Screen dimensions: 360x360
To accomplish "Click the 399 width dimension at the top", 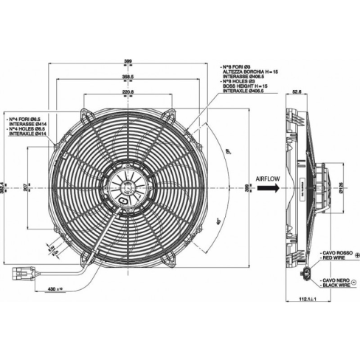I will pos(128,62).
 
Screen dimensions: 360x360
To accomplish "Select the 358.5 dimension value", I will pos(128,77).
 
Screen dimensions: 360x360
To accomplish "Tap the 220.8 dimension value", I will pos(128,91).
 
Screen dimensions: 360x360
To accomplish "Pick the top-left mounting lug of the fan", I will pos(87,115).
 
